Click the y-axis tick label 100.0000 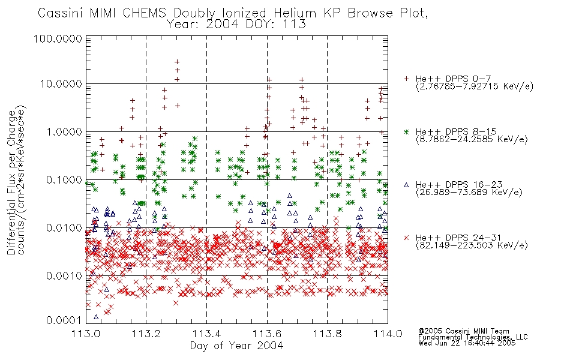(58, 38)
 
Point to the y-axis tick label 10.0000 (61, 84)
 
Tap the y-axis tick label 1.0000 (64, 132)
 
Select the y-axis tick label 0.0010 (64, 276)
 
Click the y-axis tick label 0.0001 (64, 320)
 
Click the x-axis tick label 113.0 (86, 334)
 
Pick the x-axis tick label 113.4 (206, 334)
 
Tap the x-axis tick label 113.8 (327, 334)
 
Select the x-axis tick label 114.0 (388, 334)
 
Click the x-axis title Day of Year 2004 (236, 346)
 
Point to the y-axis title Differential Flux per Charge (11, 182)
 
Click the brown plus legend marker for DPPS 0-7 (406, 79)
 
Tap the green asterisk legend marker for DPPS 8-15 (406, 131)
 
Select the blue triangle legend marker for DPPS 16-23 (406, 185)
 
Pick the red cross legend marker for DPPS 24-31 (406, 238)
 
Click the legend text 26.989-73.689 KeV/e (469, 193)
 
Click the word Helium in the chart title (295, 13)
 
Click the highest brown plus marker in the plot (177, 62)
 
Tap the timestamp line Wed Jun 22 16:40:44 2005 (467, 343)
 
